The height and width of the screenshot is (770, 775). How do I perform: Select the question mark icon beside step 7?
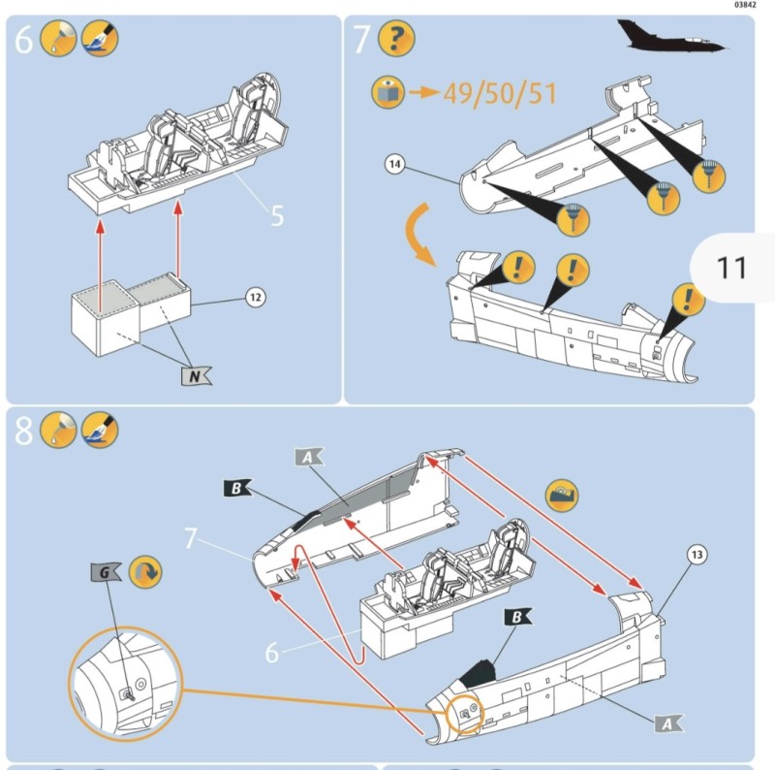click(x=391, y=41)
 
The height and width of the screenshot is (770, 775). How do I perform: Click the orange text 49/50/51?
click(x=500, y=94)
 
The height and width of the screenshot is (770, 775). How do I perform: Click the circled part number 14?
click(x=395, y=165)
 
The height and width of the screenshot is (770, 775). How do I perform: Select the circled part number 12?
click(x=255, y=297)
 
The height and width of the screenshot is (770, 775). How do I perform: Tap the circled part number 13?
click(x=697, y=556)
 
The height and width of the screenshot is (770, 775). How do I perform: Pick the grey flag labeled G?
click(x=105, y=573)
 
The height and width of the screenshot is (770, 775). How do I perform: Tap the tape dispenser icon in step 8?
click(x=562, y=494)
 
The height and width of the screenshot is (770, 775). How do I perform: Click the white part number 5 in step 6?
click(x=277, y=215)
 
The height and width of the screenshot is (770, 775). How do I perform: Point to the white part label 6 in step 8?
click(x=272, y=653)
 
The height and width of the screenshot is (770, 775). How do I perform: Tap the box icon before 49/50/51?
click(x=387, y=93)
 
